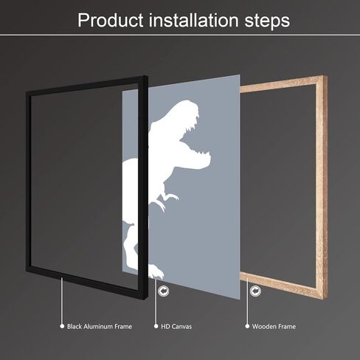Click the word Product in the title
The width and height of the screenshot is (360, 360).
[x=111, y=20]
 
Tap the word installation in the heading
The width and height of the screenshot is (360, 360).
[x=194, y=20]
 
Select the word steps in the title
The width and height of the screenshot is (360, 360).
[x=267, y=21]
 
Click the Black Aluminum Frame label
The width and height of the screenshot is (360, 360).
[x=100, y=326]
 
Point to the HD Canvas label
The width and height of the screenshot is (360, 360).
[x=176, y=326]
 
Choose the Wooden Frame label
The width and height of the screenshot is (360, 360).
[x=274, y=326]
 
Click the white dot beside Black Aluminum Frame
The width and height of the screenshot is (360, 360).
[x=62, y=326]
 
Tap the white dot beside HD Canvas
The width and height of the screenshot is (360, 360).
[x=156, y=326]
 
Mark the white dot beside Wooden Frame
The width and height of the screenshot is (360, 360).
[x=247, y=326]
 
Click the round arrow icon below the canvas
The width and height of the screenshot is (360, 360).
[x=164, y=291]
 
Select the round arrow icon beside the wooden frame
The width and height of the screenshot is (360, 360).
[x=255, y=291]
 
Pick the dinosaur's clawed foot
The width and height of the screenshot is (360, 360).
[x=156, y=271]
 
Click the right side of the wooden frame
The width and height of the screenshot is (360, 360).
[x=322, y=187]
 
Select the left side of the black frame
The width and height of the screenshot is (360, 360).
[x=29, y=182]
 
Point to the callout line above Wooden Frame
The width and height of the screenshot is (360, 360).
[x=247, y=301]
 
